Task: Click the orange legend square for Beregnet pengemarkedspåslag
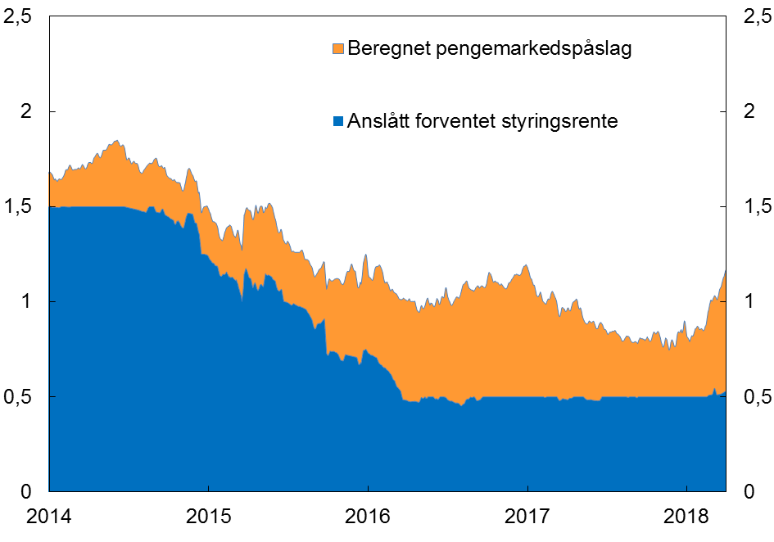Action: [x=337, y=49]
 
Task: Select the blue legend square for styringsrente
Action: [x=337, y=122]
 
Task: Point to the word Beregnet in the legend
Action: [x=385, y=49]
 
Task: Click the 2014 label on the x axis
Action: [x=50, y=518]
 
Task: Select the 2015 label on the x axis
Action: [x=209, y=518]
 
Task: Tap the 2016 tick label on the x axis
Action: [x=368, y=518]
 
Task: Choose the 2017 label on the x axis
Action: [x=527, y=518]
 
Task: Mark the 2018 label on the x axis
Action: [x=686, y=518]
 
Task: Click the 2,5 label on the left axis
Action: [x=21, y=17]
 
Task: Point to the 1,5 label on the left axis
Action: [x=21, y=207]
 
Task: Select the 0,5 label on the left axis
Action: [x=21, y=397]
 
